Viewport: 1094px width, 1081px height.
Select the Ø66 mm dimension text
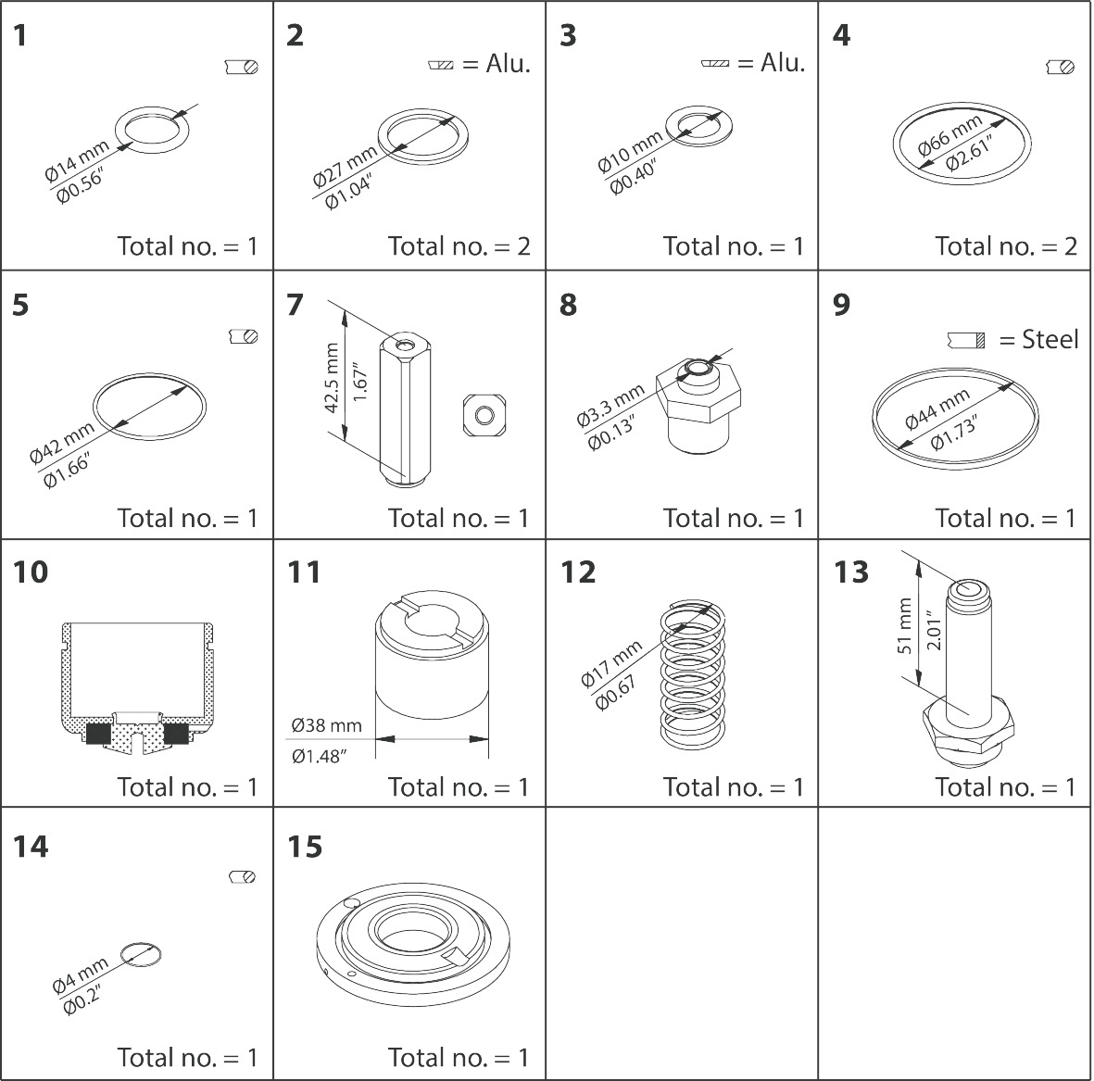pos(949,136)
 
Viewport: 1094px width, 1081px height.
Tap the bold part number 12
pos(578,572)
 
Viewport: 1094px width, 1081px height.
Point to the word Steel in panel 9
pos(1050,340)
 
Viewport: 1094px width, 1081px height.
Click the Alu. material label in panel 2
pos(508,65)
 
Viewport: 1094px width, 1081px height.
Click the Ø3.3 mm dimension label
pos(610,406)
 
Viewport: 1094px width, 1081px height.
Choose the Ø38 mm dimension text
pos(325,725)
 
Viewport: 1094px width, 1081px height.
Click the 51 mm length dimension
pos(905,627)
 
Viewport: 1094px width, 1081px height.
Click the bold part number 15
pos(305,847)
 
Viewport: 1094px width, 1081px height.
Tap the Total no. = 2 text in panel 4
pos(1006,246)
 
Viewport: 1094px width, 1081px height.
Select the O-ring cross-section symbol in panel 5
pos(243,336)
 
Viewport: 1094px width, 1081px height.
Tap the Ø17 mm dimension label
pos(610,665)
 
